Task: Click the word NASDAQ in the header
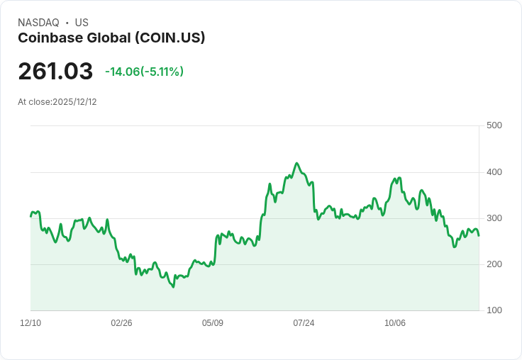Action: [38, 23]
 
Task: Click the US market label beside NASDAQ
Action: [82, 23]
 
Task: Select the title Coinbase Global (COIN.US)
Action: [111, 38]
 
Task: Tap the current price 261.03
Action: [55, 72]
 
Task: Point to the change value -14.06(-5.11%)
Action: [144, 72]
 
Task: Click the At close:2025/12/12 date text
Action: [57, 102]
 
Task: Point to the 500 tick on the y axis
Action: [494, 125]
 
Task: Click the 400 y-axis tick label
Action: [494, 172]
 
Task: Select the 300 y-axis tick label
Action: [494, 218]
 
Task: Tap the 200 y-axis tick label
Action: [494, 264]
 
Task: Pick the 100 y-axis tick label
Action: [494, 310]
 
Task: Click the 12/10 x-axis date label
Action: [30, 323]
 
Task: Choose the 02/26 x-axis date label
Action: [121, 323]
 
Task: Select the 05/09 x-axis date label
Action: [213, 323]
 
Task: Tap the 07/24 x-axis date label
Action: [304, 323]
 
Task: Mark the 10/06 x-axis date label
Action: [395, 323]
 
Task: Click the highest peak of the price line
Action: [296, 163]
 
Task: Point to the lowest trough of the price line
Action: [173, 287]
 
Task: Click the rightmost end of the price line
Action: [479, 236]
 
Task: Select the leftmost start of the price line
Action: [30, 216]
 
